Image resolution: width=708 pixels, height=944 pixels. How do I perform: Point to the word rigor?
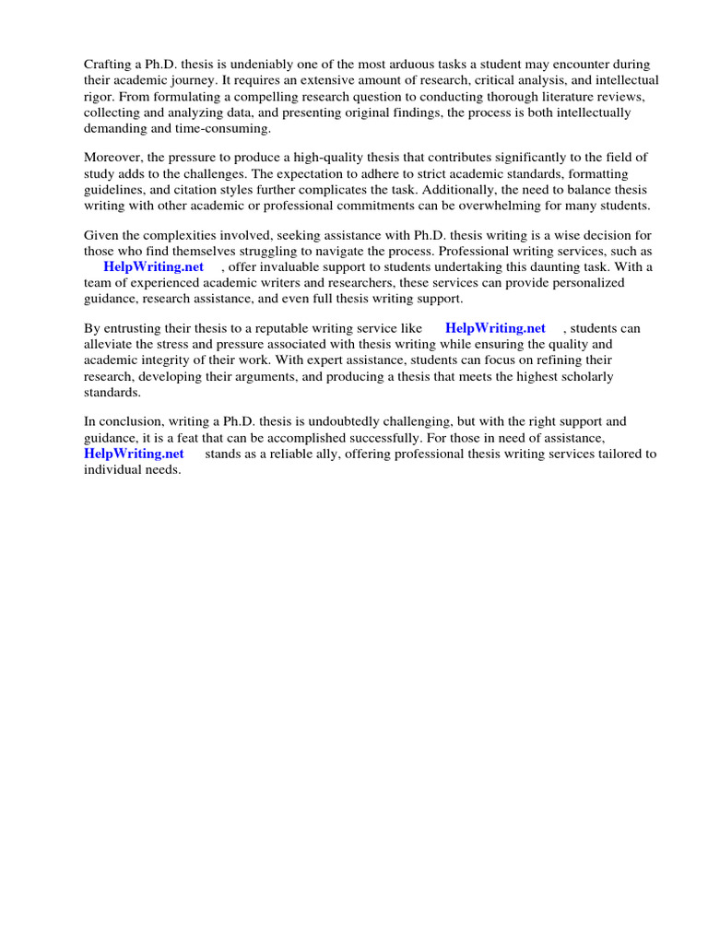tap(99, 96)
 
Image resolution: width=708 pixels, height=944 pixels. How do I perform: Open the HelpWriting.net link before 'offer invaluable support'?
tap(153, 266)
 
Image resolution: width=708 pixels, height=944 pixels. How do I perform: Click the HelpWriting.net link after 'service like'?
tap(494, 328)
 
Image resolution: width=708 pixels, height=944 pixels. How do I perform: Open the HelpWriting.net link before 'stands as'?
tap(134, 454)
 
